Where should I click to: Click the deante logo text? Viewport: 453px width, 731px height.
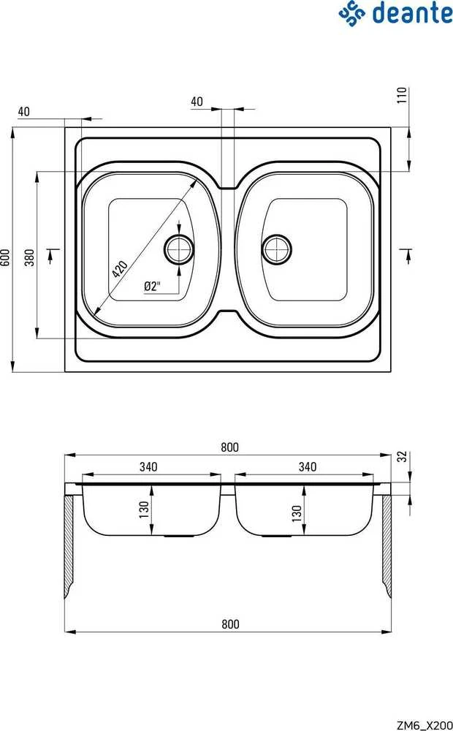coord(413,13)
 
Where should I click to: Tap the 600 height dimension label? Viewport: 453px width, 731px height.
coord(5,257)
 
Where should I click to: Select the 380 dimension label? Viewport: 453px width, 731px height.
coord(29,257)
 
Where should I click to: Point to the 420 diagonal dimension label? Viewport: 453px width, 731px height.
coord(119,268)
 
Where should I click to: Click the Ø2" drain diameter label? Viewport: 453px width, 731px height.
coord(153,286)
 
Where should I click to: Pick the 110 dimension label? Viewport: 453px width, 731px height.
coord(402,95)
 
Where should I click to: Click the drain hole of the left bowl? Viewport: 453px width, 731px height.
coord(179,249)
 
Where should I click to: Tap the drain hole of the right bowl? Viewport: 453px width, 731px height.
coord(276,249)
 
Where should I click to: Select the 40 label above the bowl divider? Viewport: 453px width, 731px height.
coord(197,101)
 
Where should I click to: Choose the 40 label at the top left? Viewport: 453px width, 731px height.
coord(24,111)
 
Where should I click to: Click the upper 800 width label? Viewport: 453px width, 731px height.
coord(229,447)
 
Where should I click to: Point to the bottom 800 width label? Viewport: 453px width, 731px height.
coord(230,624)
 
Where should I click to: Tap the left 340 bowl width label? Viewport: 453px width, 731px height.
coord(148,466)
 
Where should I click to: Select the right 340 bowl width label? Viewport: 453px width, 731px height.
coord(308,466)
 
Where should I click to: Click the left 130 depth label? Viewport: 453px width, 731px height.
coord(144,510)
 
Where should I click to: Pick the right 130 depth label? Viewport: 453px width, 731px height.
coord(297,513)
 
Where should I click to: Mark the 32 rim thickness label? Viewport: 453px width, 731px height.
coord(403,456)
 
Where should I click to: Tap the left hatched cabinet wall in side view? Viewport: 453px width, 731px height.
coord(69,546)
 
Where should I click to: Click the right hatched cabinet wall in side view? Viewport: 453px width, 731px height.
coord(387,546)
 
